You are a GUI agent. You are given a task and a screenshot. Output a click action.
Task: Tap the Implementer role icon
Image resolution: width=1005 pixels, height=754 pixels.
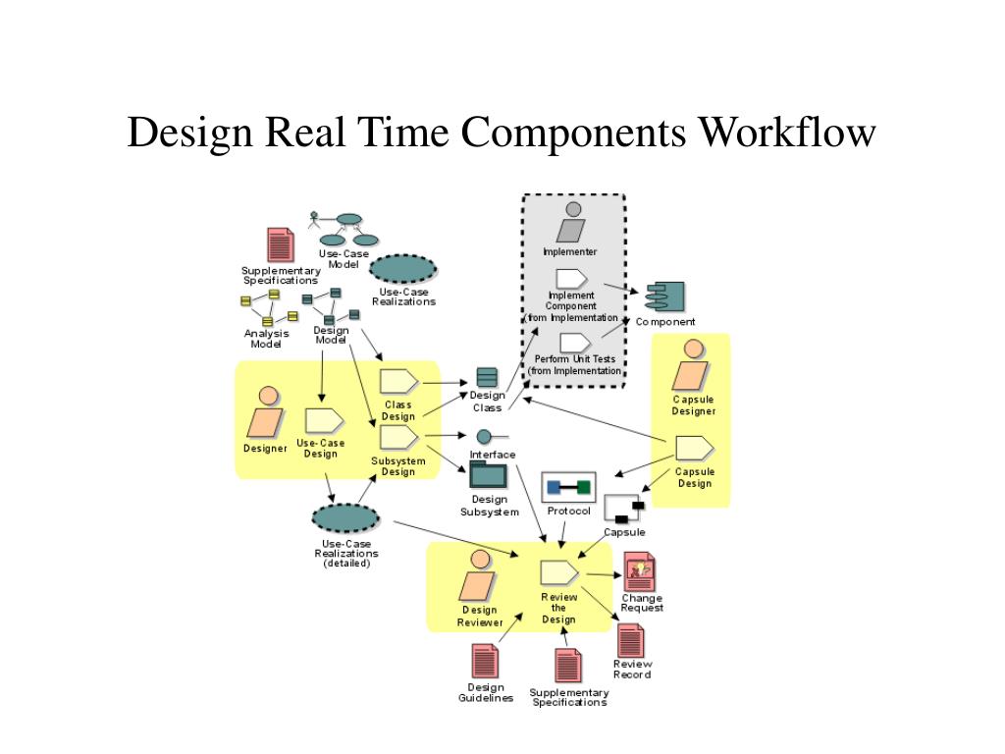570,222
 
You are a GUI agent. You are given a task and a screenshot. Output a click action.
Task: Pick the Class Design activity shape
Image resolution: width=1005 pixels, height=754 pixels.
398,382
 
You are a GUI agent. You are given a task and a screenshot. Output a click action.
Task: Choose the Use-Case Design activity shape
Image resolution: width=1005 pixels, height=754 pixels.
323,420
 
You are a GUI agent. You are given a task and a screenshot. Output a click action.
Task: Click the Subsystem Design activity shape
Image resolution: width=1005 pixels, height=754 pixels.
398,438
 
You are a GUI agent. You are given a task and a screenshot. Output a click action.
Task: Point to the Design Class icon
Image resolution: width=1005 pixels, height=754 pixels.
487,377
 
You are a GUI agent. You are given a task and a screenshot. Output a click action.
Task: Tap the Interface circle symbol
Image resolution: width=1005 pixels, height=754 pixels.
484,437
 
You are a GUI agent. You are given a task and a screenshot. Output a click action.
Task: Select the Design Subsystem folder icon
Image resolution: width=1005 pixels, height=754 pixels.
488,474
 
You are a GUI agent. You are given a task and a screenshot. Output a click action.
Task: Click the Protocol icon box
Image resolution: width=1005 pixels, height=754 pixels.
568,487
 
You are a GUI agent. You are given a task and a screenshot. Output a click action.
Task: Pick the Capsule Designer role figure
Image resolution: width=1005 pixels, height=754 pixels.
693,365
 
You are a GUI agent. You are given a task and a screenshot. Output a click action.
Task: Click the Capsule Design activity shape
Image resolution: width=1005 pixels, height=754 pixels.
694,448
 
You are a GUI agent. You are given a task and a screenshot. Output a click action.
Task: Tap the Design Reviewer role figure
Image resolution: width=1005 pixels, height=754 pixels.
479,578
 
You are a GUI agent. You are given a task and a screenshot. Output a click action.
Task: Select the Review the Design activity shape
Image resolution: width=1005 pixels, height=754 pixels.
558,572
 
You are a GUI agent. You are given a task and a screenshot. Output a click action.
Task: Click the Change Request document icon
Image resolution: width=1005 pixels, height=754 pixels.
640,570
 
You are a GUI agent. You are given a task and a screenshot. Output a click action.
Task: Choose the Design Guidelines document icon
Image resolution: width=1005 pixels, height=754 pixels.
485,662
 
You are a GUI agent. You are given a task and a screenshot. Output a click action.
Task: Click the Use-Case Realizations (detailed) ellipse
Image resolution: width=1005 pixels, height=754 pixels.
345,518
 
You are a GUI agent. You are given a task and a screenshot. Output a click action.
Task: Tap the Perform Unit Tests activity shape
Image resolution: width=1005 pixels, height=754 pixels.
574,343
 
